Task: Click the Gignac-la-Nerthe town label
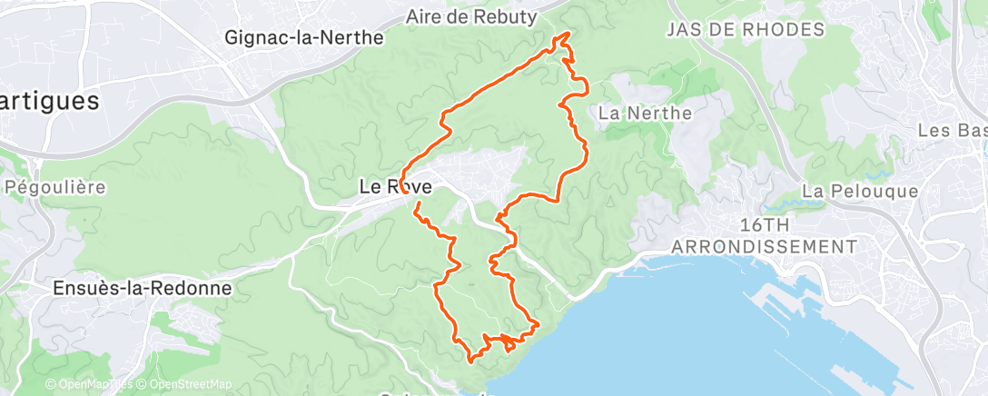click(x=304, y=38)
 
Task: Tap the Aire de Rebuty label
click(x=471, y=16)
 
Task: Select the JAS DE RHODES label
click(x=745, y=29)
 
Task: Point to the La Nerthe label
click(x=646, y=114)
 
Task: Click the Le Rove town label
click(x=395, y=187)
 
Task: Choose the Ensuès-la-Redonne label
click(x=140, y=288)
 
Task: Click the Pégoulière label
click(x=55, y=188)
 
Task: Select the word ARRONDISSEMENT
click(x=763, y=246)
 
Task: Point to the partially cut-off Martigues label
click(x=49, y=101)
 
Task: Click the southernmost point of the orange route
click(x=470, y=361)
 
